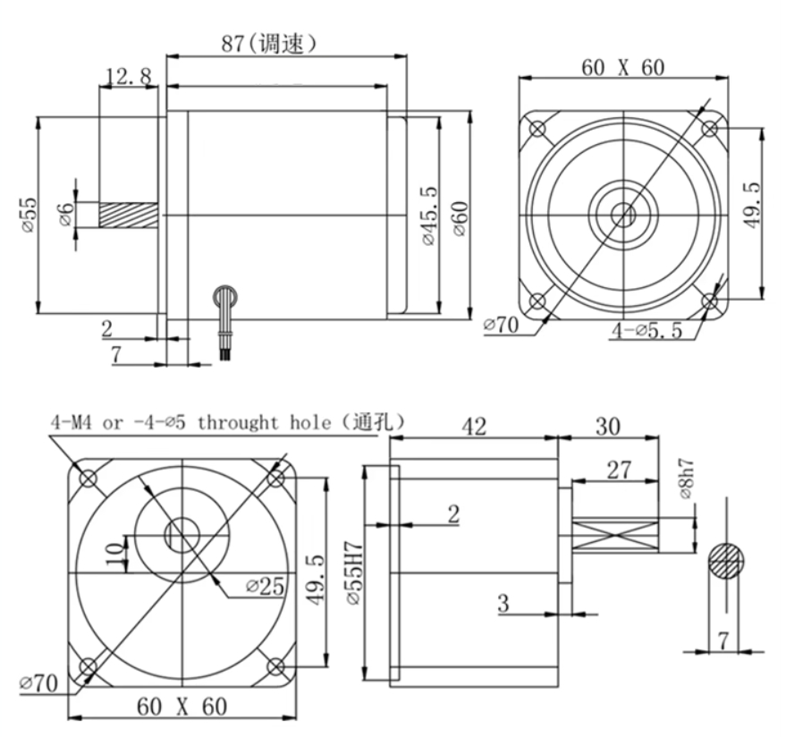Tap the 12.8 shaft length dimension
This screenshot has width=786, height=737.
129,78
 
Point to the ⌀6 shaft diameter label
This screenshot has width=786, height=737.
63,216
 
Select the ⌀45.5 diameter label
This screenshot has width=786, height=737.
427,216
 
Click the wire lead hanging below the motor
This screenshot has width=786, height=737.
225,322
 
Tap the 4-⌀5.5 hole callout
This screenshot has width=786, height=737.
647,330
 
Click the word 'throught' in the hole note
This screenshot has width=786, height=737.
241,423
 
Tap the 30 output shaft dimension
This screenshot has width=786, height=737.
608,428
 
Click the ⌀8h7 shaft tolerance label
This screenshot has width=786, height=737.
685,479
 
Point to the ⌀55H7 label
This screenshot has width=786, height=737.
356,572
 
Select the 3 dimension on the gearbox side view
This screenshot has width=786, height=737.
503,603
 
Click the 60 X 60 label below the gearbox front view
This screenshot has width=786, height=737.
181,707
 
